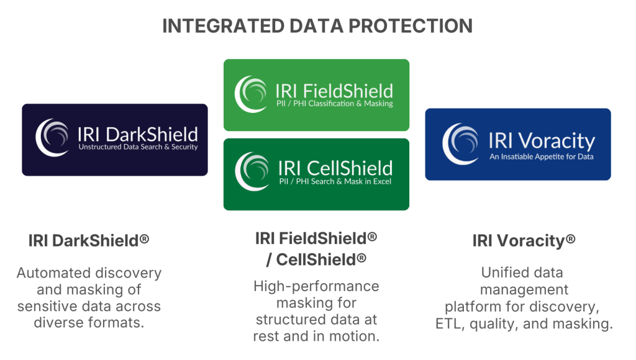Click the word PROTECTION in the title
[x=411, y=26]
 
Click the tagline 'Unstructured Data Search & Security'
[x=139, y=146]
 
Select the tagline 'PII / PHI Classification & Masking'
[x=335, y=104]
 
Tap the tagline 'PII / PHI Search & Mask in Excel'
[x=335, y=181]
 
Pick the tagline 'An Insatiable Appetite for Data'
[x=542, y=156]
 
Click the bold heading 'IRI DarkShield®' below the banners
[x=89, y=240]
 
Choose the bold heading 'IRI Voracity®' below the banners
[x=524, y=240]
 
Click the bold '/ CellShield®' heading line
[x=316, y=259]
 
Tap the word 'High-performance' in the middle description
[x=316, y=287]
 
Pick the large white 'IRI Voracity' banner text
[x=542, y=141]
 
